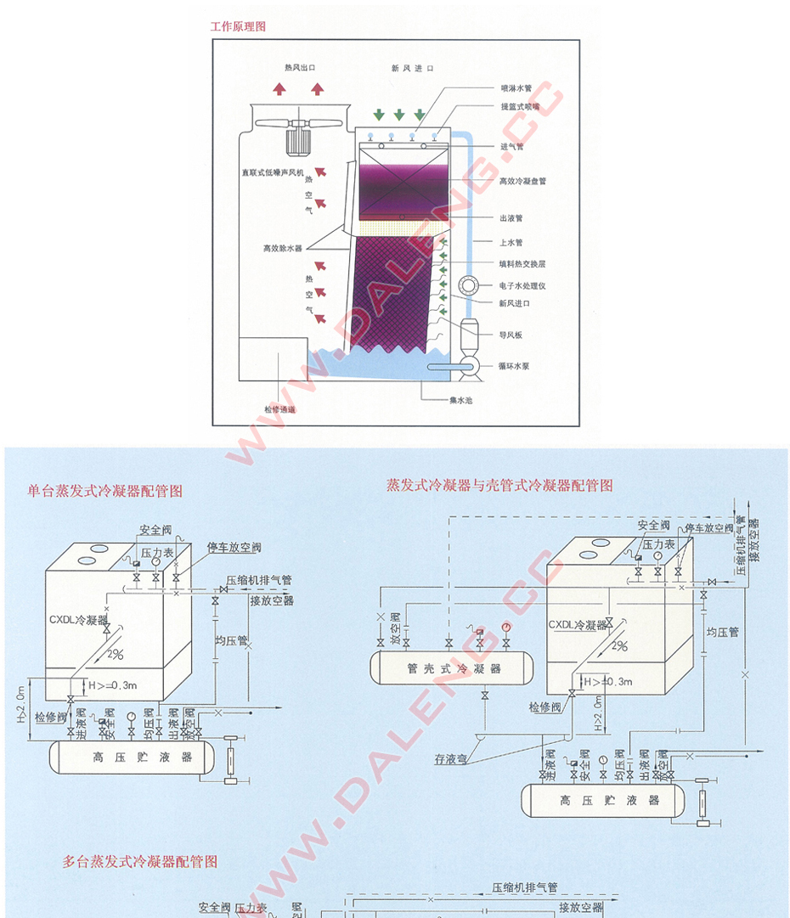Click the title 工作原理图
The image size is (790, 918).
pos(238,26)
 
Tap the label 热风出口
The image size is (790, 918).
pos(300,67)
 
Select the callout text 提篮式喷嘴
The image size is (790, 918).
pos(520,107)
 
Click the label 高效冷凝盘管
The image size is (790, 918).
pos(522,181)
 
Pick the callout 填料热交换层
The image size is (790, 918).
pos(522,264)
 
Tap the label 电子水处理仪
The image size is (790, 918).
pos(522,285)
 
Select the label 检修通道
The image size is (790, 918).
pos(279,409)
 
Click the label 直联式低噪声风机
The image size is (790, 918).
pos(271,172)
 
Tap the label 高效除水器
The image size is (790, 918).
pos(282,249)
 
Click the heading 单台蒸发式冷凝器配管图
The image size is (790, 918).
pos(104,491)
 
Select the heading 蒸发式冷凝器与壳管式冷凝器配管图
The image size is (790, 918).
pos(499,485)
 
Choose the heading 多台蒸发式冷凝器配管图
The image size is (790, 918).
pos(140,861)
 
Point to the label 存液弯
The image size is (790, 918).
pos(451,758)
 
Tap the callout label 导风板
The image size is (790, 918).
pos(511,335)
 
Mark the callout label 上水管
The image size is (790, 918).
pos(511,243)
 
